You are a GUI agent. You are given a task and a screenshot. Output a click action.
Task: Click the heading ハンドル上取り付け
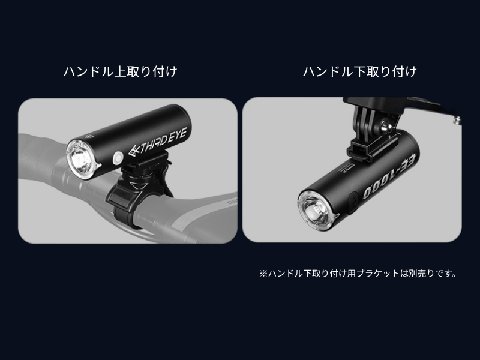pyautogui.click(x=121, y=71)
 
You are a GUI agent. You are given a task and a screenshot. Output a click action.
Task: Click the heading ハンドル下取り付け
pyautogui.click(x=360, y=71)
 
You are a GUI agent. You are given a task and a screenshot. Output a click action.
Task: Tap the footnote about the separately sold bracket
pyautogui.click(x=358, y=274)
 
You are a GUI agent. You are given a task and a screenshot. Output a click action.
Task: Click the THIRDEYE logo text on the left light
pyautogui.click(x=158, y=142)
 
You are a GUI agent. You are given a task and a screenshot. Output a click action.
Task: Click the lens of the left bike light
pyautogui.click(x=80, y=160)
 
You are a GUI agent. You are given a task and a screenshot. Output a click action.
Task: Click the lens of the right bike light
pyautogui.click(x=316, y=211)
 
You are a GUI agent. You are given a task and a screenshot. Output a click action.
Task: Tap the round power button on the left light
pyautogui.click(x=118, y=158)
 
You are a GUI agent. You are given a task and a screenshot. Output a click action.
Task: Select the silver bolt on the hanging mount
pyautogui.click(x=385, y=125)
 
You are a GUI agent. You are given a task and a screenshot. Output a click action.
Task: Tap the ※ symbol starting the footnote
pyautogui.click(x=263, y=274)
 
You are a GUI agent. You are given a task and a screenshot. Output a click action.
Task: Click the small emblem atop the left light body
pyautogui.click(x=89, y=136)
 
